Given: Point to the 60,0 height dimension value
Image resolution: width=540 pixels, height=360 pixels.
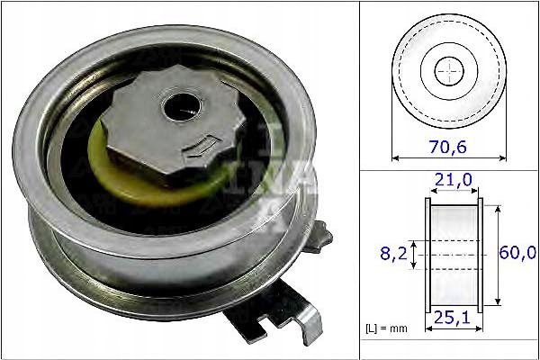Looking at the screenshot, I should click(x=517, y=255).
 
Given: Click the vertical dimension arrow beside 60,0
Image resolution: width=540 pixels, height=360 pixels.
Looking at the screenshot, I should click(x=498, y=255).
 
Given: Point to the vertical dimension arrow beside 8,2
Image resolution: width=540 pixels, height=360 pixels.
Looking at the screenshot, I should click(x=413, y=255).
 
